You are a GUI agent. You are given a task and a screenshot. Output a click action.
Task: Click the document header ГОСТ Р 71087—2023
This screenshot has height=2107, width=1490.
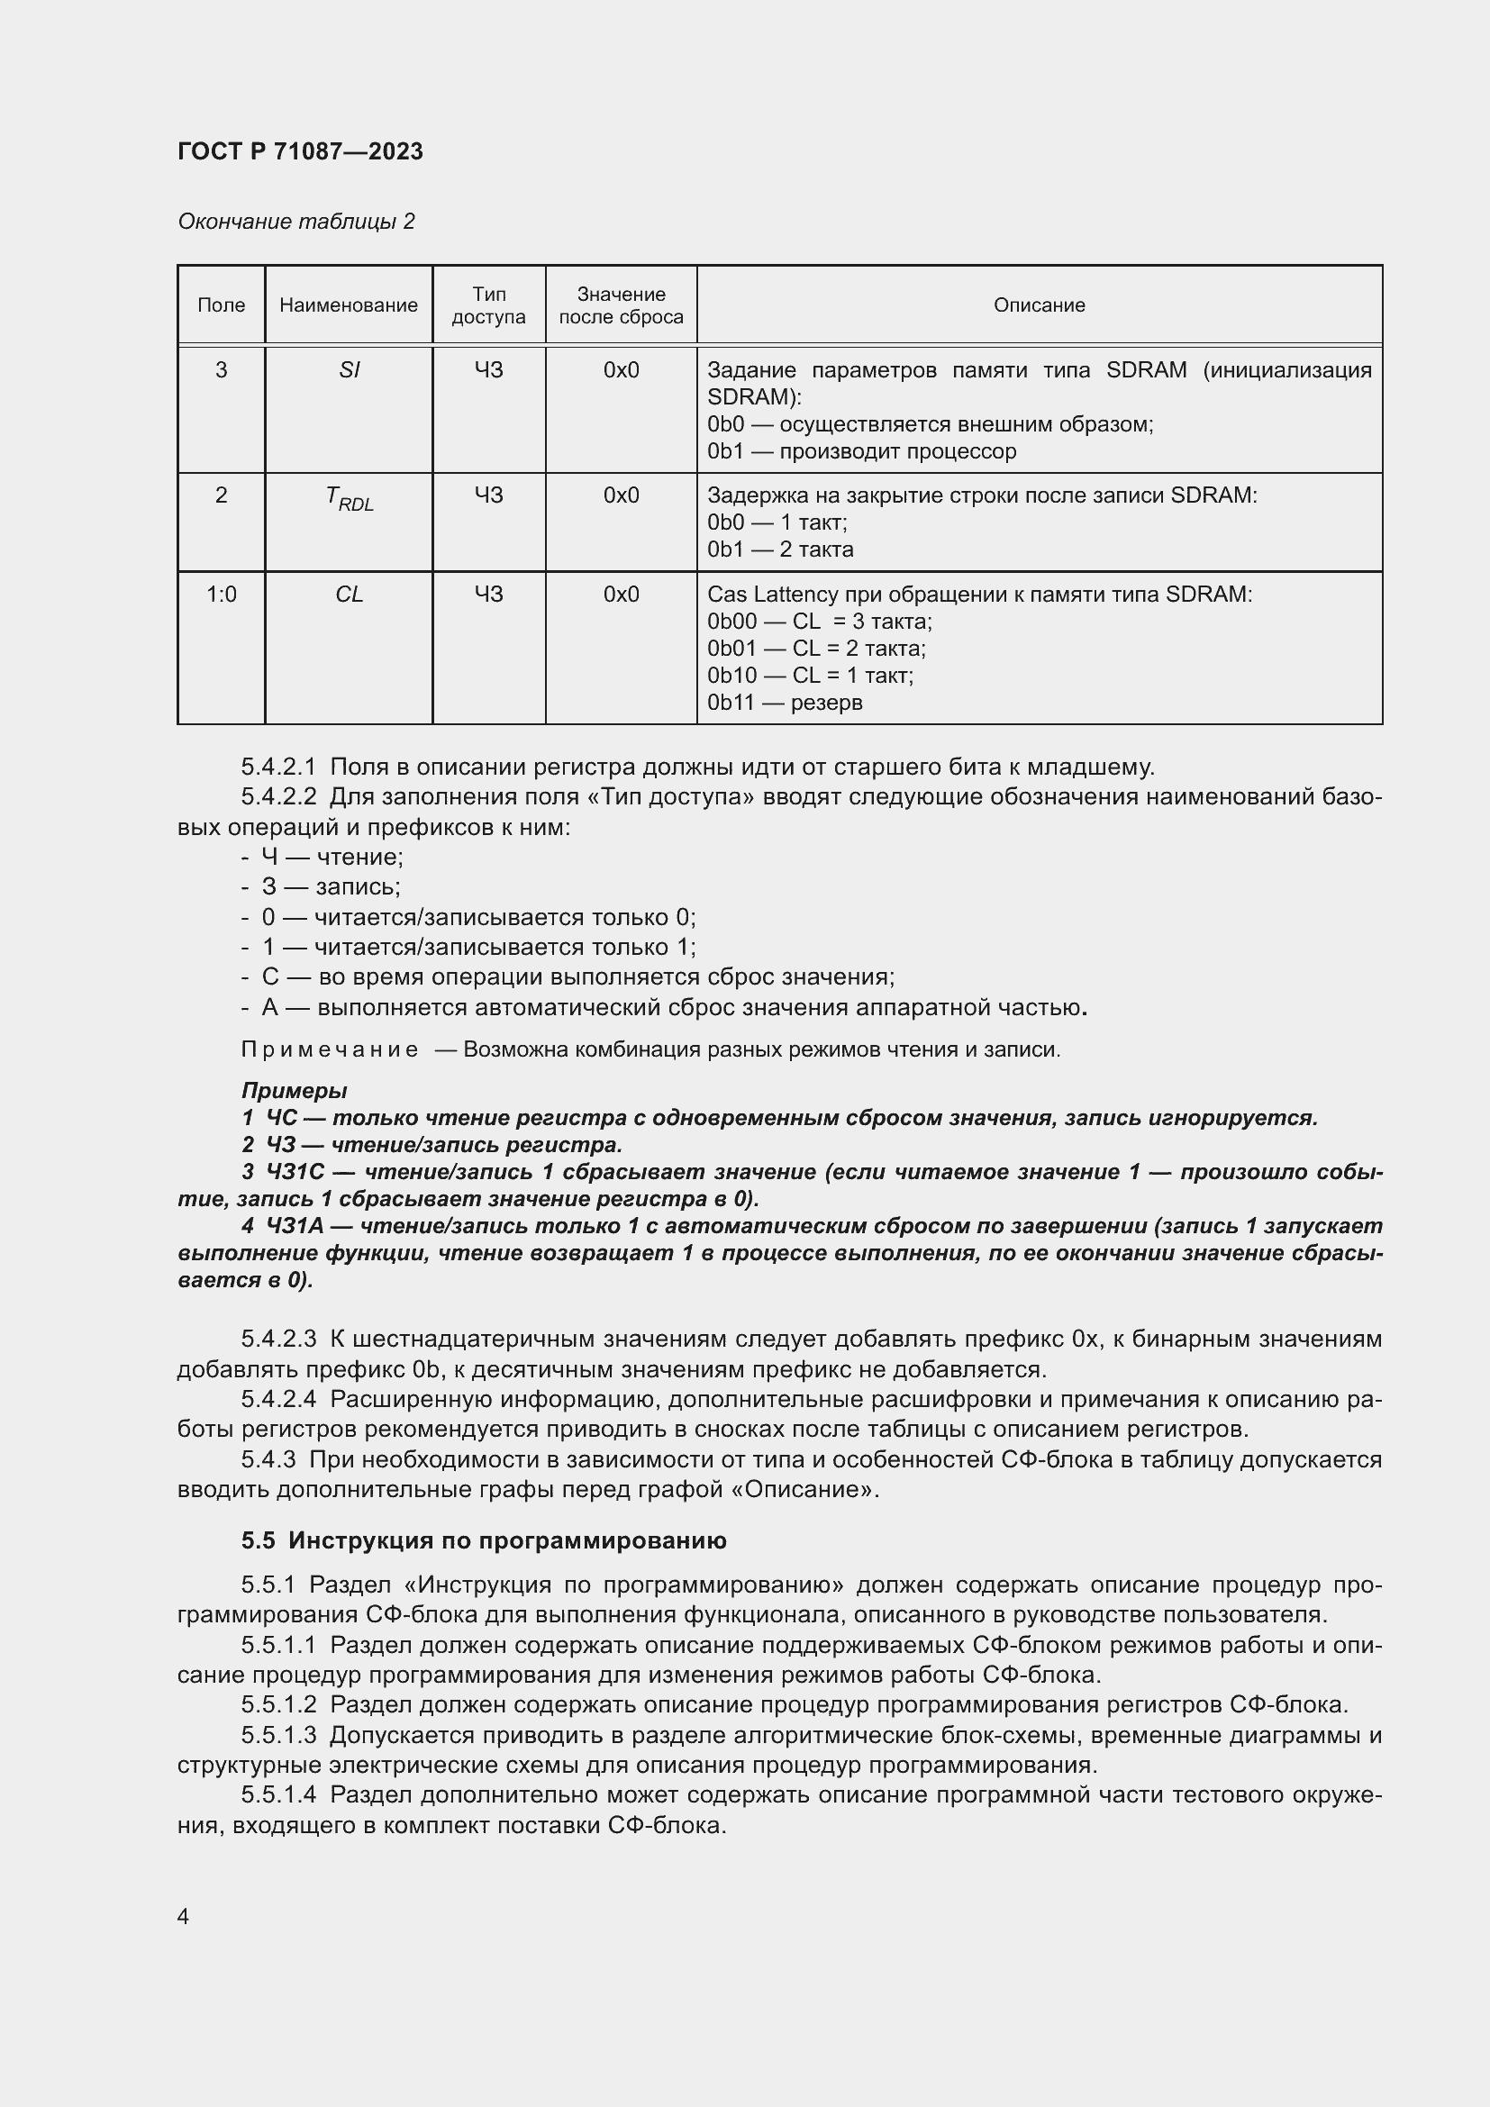(300, 151)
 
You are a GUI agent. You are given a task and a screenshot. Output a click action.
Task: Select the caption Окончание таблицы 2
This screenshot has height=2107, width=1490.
(295, 222)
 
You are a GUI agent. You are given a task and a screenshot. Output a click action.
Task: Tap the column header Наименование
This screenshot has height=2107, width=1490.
(349, 305)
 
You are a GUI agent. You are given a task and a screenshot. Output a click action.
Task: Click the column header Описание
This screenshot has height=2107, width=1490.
(1039, 305)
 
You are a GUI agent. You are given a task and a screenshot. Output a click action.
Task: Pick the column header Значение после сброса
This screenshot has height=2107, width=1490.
(622, 305)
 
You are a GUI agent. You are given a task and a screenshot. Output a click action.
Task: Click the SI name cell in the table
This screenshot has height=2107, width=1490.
(349, 370)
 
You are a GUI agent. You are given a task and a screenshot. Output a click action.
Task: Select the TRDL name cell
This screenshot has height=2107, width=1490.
(350, 498)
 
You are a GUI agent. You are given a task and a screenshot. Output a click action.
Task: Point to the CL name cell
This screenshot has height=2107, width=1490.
(349, 595)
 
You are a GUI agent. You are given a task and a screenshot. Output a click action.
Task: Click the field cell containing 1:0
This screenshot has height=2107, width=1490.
(221, 595)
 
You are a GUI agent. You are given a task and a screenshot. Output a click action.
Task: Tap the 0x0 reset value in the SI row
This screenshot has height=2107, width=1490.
(622, 370)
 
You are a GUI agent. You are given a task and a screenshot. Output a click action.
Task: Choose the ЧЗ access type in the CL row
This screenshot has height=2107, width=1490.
(489, 595)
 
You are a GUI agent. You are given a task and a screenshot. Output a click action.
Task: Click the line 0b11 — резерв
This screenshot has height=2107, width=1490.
(785, 703)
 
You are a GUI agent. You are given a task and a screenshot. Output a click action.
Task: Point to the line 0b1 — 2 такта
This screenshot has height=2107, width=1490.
(780, 549)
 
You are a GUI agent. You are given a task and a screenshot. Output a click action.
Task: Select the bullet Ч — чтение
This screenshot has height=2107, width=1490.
(332, 857)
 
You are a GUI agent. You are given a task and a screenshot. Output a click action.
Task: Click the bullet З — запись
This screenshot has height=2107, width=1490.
(331, 887)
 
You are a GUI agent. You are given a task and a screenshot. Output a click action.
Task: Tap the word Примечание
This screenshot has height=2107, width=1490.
(330, 1049)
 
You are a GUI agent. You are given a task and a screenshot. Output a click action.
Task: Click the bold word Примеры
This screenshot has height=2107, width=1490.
(294, 1091)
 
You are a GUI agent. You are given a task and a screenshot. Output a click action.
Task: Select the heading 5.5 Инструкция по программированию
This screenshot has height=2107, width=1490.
(484, 1540)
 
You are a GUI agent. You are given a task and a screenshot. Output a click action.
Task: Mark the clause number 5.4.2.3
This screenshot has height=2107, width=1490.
(278, 1340)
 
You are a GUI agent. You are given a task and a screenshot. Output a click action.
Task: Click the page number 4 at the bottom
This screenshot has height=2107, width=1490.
(184, 1916)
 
